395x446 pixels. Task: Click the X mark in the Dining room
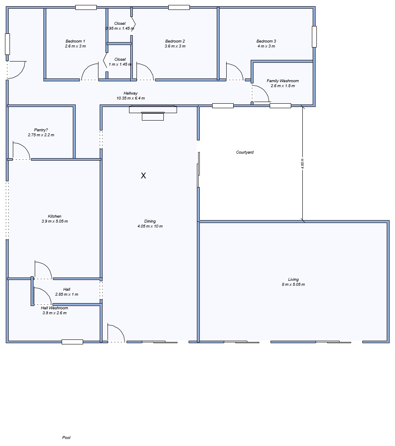143,176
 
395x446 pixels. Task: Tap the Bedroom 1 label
75,41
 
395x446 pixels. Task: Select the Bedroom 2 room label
175,41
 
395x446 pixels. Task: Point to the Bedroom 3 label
266,41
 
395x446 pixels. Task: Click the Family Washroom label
283,81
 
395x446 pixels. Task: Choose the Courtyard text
245,152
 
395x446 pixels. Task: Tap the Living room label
293,279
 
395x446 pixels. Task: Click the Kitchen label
55,216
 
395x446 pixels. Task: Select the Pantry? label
41,130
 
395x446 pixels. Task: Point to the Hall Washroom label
55,308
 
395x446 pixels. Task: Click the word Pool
66,437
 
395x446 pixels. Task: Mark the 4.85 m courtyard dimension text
302,164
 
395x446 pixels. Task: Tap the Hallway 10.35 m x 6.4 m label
131,95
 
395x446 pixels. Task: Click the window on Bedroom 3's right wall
314,37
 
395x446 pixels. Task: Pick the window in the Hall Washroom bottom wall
72,342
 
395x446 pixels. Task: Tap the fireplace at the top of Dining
153,113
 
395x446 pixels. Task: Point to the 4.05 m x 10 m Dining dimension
150,226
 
